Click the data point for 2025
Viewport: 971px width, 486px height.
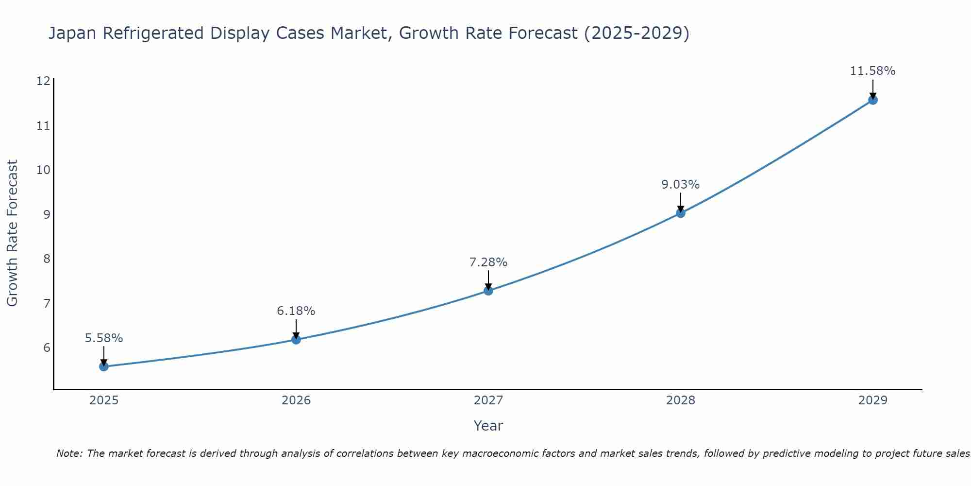[104, 366]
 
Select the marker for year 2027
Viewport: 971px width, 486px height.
[488, 291]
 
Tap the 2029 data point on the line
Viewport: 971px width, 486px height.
[872, 100]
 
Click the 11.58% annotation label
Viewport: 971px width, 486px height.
[872, 71]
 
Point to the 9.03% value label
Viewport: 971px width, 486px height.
[680, 185]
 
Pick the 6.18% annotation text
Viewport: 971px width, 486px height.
[296, 311]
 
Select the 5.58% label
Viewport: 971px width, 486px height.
[104, 338]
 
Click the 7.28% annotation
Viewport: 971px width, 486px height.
[488, 262]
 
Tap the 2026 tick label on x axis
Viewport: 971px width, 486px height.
[296, 400]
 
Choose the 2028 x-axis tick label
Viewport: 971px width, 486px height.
[680, 400]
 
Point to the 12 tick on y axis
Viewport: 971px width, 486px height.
[43, 81]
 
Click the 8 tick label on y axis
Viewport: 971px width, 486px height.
[47, 259]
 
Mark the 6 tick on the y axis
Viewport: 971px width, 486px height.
[47, 347]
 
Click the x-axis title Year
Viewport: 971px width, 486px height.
[488, 426]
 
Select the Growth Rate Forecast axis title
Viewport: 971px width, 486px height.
[12, 233]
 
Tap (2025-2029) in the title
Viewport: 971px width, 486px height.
[636, 33]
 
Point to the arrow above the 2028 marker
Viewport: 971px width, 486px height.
[680, 202]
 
